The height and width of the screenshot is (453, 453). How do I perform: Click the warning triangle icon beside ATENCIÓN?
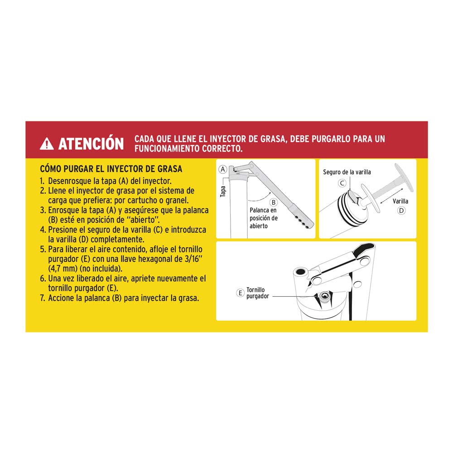click(x=47, y=144)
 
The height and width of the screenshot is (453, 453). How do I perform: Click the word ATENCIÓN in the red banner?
click(x=91, y=144)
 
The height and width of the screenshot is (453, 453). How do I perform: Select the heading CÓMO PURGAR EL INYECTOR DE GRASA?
click(x=111, y=169)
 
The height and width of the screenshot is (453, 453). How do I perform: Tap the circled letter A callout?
click(x=222, y=169)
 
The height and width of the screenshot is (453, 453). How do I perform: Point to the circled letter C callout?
click(x=342, y=183)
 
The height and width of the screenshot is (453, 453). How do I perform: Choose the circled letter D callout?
click(x=401, y=210)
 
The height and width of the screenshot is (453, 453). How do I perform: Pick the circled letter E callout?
click(x=241, y=293)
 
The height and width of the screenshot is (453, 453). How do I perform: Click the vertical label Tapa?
click(x=222, y=191)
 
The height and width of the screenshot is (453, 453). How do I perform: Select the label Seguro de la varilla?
click(x=347, y=172)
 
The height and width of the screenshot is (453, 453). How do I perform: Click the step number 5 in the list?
click(x=43, y=250)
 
